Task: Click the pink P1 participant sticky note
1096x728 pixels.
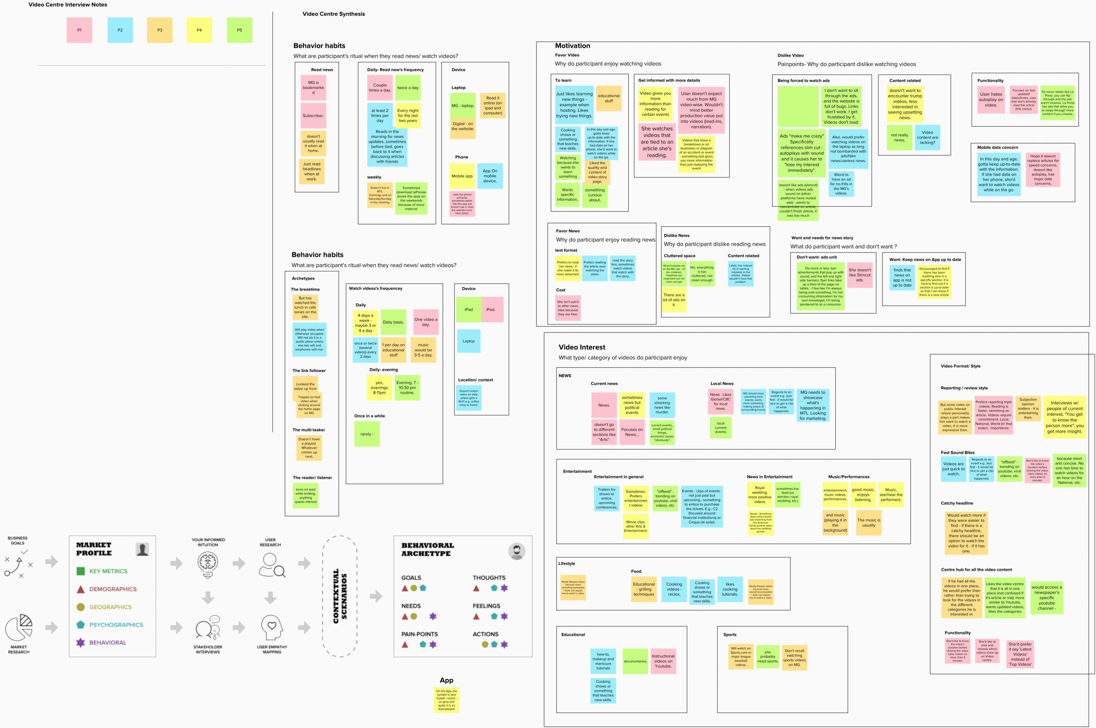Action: coord(79,30)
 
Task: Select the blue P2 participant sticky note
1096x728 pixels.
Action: coord(120,30)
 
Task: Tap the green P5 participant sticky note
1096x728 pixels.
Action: coord(239,30)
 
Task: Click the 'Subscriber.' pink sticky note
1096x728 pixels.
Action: coord(313,116)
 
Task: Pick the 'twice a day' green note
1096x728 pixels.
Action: coord(408,88)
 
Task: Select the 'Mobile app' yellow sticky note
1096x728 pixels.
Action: coord(462,176)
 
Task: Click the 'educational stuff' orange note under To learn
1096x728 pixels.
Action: coord(608,99)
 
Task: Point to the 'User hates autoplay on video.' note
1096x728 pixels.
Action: coord(991,100)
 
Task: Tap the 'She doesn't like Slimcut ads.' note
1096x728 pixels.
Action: coord(860,275)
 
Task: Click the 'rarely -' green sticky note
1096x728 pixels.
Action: coord(367,434)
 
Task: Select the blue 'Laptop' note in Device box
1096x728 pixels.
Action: coord(469,341)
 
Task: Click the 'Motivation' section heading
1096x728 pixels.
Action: coord(572,46)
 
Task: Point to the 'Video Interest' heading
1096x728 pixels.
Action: coord(581,347)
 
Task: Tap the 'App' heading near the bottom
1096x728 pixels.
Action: coord(446,680)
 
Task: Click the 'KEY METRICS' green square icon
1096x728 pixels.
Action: coord(80,571)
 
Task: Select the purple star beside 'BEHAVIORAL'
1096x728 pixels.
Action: coord(80,643)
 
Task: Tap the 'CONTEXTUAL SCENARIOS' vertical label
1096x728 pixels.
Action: coord(339,596)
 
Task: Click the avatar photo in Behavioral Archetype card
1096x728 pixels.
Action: coord(516,551)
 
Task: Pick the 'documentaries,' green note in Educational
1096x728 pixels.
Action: coord(635,661)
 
